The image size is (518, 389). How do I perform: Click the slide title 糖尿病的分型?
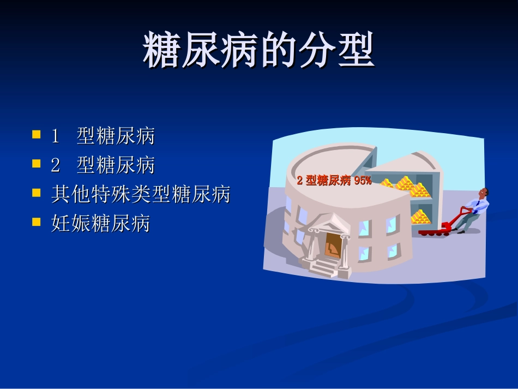click(258, 50)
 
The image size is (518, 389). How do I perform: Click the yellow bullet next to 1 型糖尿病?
click(37, 134)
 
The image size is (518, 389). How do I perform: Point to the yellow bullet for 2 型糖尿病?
click(37, 163)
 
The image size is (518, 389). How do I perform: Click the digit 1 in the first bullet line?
click(55, 136)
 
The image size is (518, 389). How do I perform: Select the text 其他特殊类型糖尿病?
click(141, 194)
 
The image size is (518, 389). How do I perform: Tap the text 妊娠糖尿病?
click(100, 223)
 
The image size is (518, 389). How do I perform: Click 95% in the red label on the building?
click(363, 181)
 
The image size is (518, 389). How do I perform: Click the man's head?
click(483, 193)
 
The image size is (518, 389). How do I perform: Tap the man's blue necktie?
click(477, 206)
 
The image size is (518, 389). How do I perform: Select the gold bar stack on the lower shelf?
click(420, 217)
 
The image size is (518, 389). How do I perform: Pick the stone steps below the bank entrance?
click(324, 267)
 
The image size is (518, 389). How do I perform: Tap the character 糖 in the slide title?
click(161, 50)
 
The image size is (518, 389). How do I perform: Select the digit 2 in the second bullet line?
click(55, 165)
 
